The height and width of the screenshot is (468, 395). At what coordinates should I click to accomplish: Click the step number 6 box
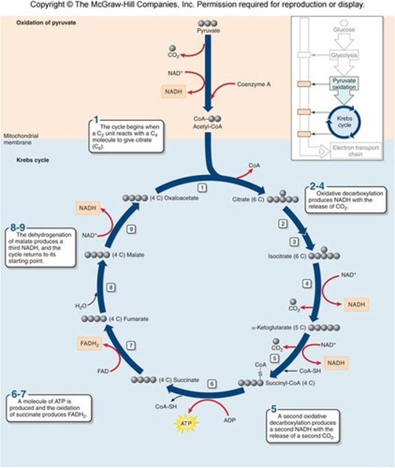pyautogui.click(x=211, y=384)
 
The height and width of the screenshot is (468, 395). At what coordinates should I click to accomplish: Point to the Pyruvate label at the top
pyautogui.click(x=208, y=30)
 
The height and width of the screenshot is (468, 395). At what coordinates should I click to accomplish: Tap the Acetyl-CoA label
pyautogui.click(x=208, y=126)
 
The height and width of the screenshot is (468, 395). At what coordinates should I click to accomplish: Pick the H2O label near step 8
pyautogui.click(x=80, y=306)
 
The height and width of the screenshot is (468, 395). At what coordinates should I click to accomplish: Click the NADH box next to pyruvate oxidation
pyautogui.click(x=173, y=92)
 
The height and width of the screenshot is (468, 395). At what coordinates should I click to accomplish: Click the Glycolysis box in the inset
pyautogui.click(x=344, y=55)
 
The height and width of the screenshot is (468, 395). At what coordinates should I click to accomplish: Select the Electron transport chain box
pyautogui.click(x=355, y=151)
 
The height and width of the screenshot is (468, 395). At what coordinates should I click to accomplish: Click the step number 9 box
pyautogui.click(x=132, y=229)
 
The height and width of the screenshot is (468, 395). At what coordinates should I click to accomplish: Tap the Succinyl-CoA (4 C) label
pyautogui.click(x=290, y=383)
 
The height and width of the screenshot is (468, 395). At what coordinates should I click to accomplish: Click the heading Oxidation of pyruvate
pyautogui.click(x=46, y=23)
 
